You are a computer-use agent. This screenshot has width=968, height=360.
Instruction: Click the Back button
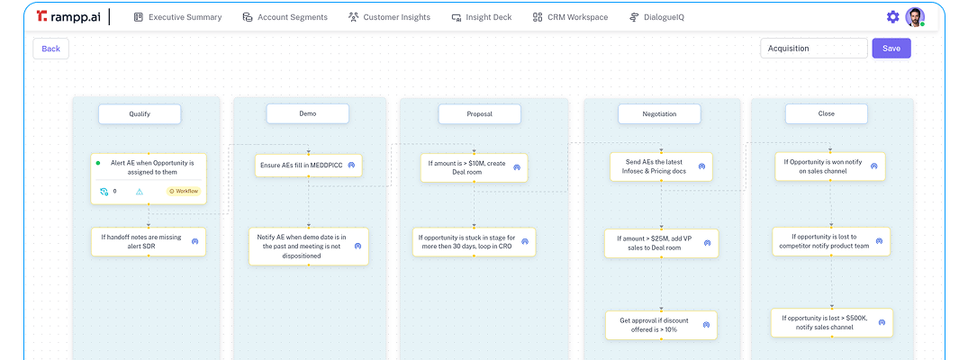[x=50, y=49]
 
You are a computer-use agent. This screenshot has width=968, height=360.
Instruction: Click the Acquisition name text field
[x=813, y=49]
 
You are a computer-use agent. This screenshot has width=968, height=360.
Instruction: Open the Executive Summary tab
[x=177, y=17]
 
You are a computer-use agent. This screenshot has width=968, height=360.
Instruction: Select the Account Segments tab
[x=286, y=17]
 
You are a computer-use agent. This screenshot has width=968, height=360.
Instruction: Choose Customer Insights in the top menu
[x=389, y=17]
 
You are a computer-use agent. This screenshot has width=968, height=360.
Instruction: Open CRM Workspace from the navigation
[x=570, y=17]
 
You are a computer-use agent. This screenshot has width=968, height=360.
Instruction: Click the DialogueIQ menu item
[x=656, y=17]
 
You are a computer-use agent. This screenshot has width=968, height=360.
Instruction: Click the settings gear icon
[x=892, y=17]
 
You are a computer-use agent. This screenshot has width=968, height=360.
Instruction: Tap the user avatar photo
[x=915, y=17]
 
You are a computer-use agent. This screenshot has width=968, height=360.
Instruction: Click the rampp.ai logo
[x=69, y=17]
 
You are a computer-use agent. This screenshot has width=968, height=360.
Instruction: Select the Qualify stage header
[x=140, y=114]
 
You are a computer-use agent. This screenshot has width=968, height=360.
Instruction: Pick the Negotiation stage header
[x=659, y=114]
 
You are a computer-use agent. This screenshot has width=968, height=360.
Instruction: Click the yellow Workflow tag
[x=184, y=191]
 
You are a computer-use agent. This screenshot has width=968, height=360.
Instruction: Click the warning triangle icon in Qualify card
[x=140, y=191]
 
